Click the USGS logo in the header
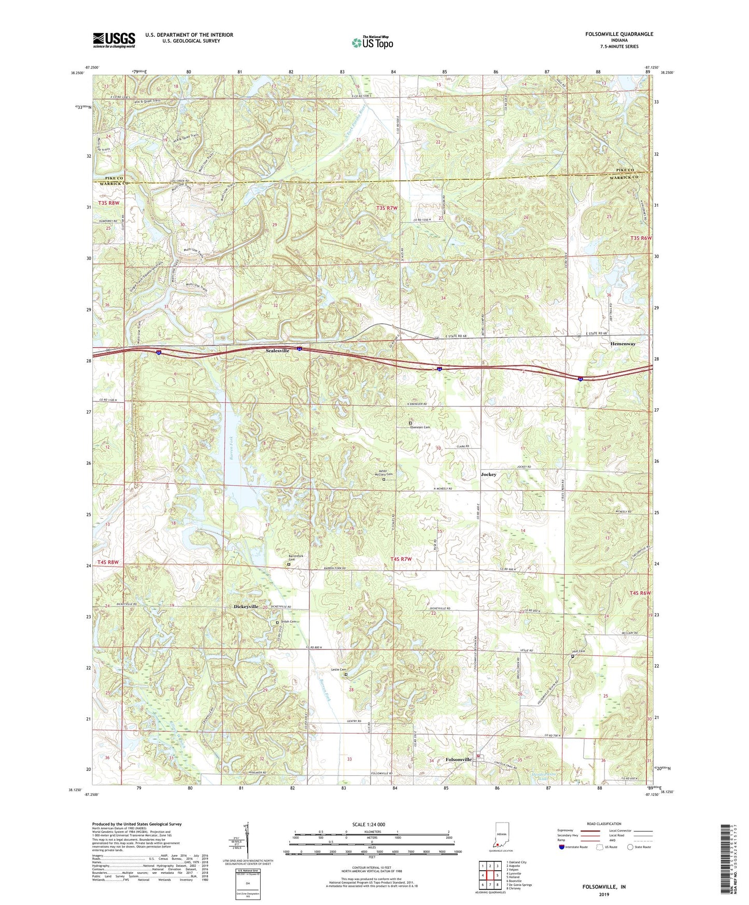[114, 40]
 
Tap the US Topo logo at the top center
[372, 43]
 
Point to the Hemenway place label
[623, 344]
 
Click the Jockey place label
[488, 474]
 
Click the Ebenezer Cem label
[420, 427]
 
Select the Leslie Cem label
[338, 670]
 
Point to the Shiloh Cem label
[289, 621]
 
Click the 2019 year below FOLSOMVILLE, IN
[604, 895]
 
